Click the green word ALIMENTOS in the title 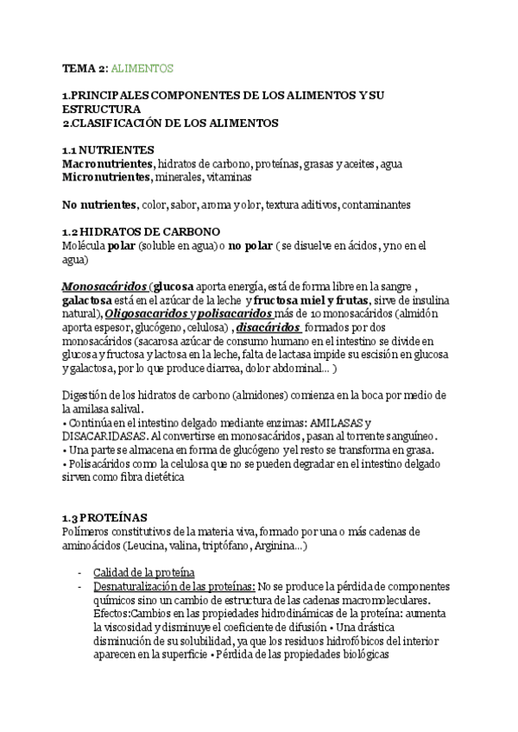143,67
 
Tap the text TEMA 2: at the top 85,67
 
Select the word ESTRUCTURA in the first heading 101,110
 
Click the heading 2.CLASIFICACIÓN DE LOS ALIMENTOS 171,123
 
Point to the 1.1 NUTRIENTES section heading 109,149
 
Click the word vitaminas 229,177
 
